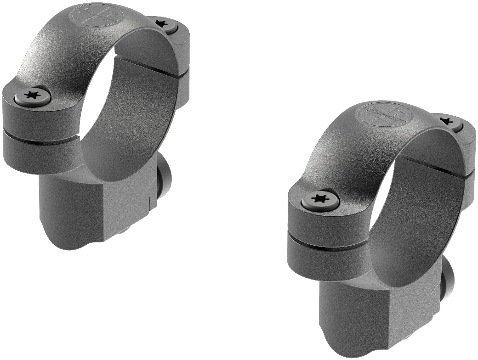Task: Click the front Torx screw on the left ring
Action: point(32,96)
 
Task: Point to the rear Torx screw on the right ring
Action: point(445,121)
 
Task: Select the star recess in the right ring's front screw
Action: point(320,199)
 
